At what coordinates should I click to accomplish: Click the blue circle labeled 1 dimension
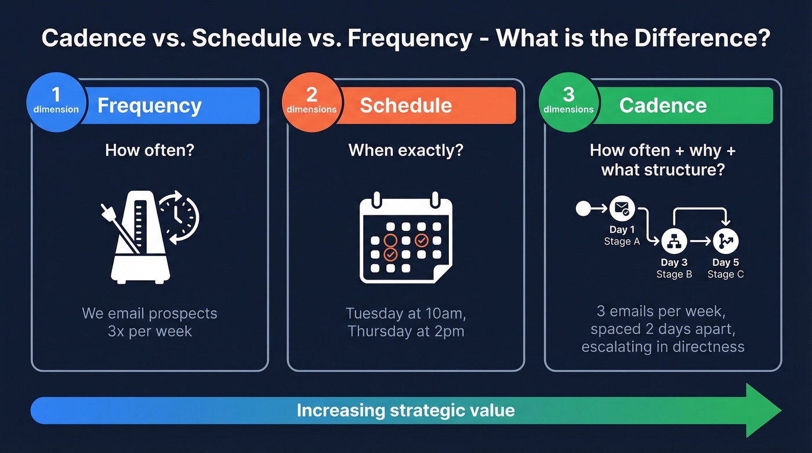(x=56, y=102)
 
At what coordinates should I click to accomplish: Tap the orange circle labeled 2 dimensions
(x=311, y=102)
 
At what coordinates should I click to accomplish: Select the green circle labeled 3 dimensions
(x=568, y=102)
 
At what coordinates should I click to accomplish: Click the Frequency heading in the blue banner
(x=150, y=106)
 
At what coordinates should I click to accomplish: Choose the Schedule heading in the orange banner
(x=405, y=106)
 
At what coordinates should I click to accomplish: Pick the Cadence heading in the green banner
(x=662, y=106)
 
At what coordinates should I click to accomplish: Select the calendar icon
(x=405, y=239)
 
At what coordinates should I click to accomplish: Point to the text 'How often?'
(x=150, y=151)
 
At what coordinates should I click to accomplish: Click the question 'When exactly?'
(x=405, y=151)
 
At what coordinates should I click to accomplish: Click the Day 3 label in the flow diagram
(x=674, y=263)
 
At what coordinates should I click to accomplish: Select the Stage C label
(x=725, y=274)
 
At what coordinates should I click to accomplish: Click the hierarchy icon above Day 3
(x=674, y=240)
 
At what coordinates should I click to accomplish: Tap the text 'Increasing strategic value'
(x=405, y=411)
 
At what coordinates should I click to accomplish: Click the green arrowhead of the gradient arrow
(x=763, y=411)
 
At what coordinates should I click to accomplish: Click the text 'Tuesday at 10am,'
(x=405, y=314)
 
